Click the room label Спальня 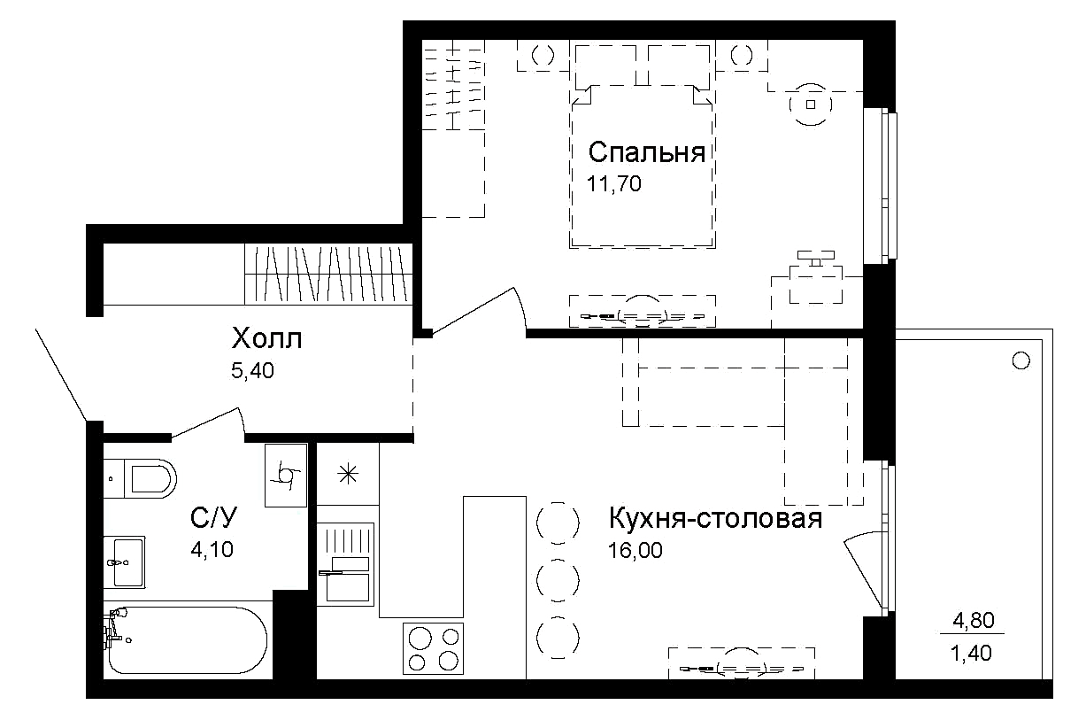click(646, 153)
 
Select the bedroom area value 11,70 click(612, 184)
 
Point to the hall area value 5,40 click(252, 371)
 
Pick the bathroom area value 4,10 click(212, 549)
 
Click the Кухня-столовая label click(714, 518)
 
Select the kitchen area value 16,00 click(635, 550)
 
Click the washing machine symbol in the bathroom click(286, 475)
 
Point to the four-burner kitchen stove click(434, 649)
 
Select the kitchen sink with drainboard click(345, 562)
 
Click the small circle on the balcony click(1021, 360)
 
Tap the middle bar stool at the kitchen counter click(558, 580)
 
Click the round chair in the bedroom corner click(810, 105)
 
